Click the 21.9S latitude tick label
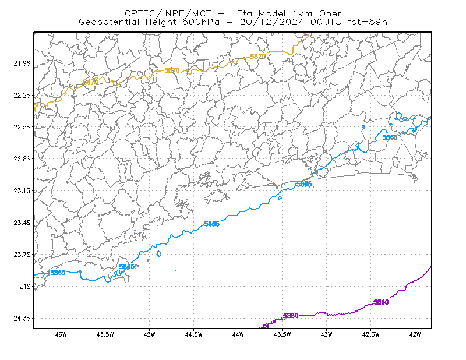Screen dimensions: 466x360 tap(22, 63)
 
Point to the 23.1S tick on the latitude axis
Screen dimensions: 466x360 tap(22, 191)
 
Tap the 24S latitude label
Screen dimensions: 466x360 tap(25, 286)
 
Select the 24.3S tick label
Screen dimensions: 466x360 tap(22, 319)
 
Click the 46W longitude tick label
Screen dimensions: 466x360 tap(61, 334)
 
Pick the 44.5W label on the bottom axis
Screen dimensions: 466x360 tap(193, 334)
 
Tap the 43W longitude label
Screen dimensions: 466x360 tap(326, 334)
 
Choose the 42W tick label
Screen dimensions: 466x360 tap(415, 334)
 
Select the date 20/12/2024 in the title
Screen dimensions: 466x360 tap(272, 22)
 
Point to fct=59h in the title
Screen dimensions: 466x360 tap(368, 22)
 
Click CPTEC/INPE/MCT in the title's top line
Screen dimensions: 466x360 tap(168, 13)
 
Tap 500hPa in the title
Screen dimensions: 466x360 tap(201, 22)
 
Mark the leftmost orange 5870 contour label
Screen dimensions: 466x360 tap(90, 82)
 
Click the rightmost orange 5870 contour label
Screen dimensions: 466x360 tap(257, 56)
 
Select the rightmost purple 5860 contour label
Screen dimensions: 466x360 tap(381, 302)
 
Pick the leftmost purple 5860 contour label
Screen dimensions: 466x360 tap(291, 315)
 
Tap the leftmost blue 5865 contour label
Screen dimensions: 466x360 tap(58, 272)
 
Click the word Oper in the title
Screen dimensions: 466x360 tap(330, 13)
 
